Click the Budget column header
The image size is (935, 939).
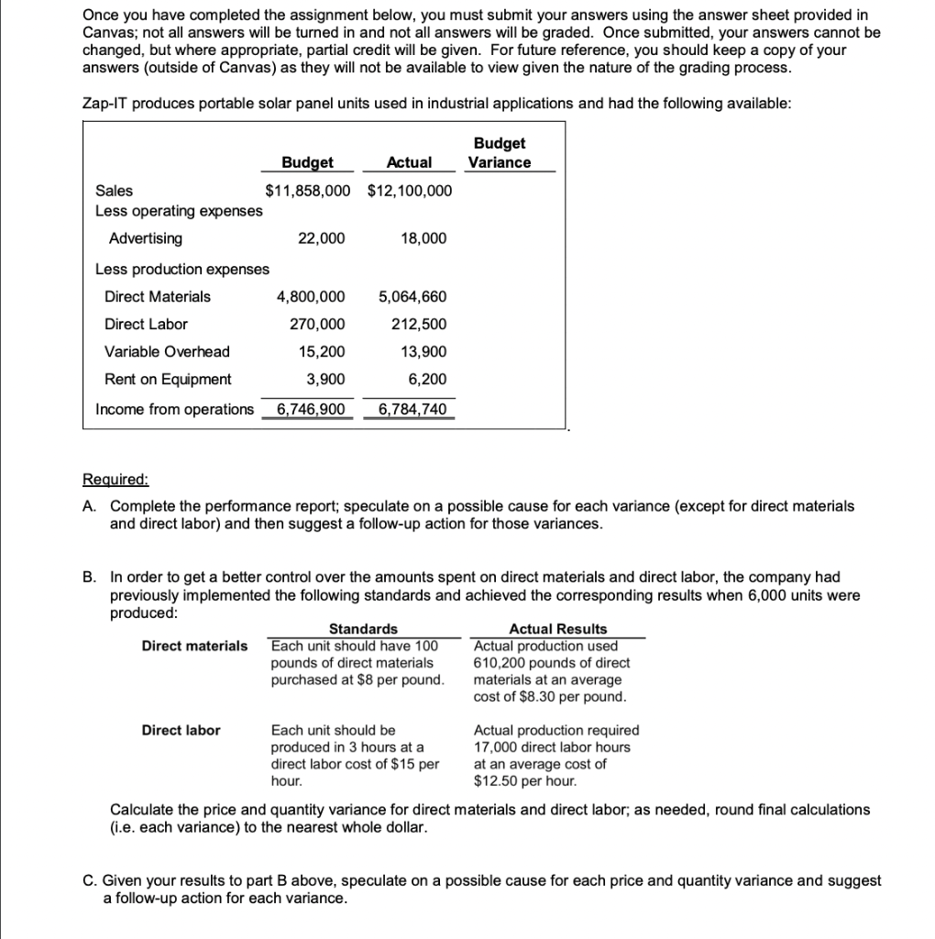[307, 162]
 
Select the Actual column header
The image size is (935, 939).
[409, 162]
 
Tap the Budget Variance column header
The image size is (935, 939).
[500, 152]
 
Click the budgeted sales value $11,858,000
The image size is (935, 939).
[307, 191]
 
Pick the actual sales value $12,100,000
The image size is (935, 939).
[409, 191]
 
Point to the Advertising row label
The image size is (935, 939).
[145, 238]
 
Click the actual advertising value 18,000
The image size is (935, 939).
[423, 238]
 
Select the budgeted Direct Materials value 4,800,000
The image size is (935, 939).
[311, 296]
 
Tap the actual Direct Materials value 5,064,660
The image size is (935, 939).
[412, 296]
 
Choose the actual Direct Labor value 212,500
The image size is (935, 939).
[420, 324]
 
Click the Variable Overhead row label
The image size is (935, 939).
[167, 351]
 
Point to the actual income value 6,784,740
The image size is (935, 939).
[412, 409]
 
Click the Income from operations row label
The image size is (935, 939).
[174, 409]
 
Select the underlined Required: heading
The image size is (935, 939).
[115, 480]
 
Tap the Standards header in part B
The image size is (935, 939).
[363, 629]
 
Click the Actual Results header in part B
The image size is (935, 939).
[557, 629]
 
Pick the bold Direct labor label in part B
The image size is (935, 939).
[181, 730]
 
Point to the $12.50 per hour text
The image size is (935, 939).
[524, 780]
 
